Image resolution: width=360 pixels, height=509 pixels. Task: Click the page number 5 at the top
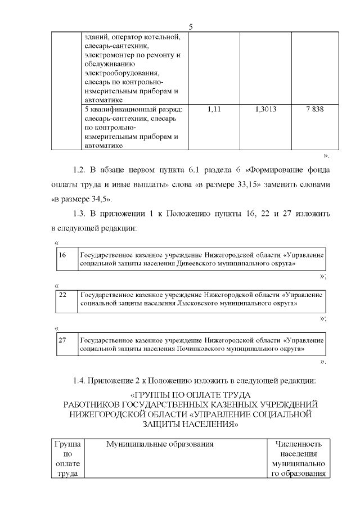191,27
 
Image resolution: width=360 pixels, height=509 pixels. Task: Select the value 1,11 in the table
214,109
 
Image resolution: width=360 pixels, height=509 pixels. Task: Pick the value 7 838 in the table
314,109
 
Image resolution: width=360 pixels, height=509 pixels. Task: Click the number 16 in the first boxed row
62,255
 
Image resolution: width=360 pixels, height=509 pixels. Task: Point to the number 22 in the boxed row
62,294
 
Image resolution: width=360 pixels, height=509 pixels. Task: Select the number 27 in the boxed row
62,340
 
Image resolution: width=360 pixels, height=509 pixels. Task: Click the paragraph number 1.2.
80,169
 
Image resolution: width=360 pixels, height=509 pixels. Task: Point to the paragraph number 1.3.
80,214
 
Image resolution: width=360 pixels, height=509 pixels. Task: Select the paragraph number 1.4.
80,380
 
